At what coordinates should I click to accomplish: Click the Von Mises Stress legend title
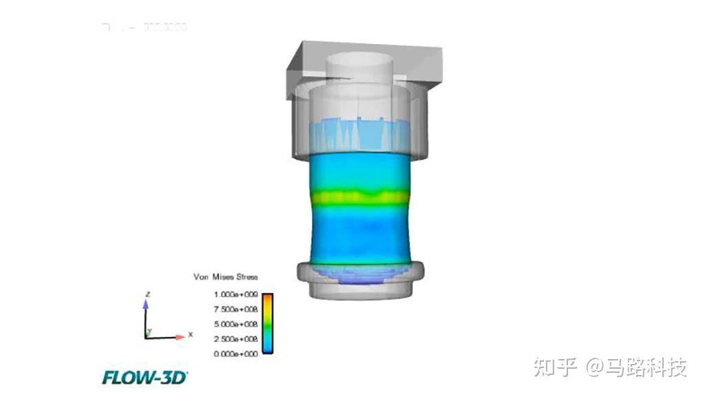click(225, 277)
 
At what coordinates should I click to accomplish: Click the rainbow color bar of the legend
click(267, 323)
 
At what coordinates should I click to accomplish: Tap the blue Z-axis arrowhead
click(146, 302)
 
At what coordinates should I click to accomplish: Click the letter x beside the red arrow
click(190, 334)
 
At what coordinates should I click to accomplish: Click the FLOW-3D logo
click(145, 377)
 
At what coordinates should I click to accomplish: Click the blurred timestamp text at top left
click(145, 28)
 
